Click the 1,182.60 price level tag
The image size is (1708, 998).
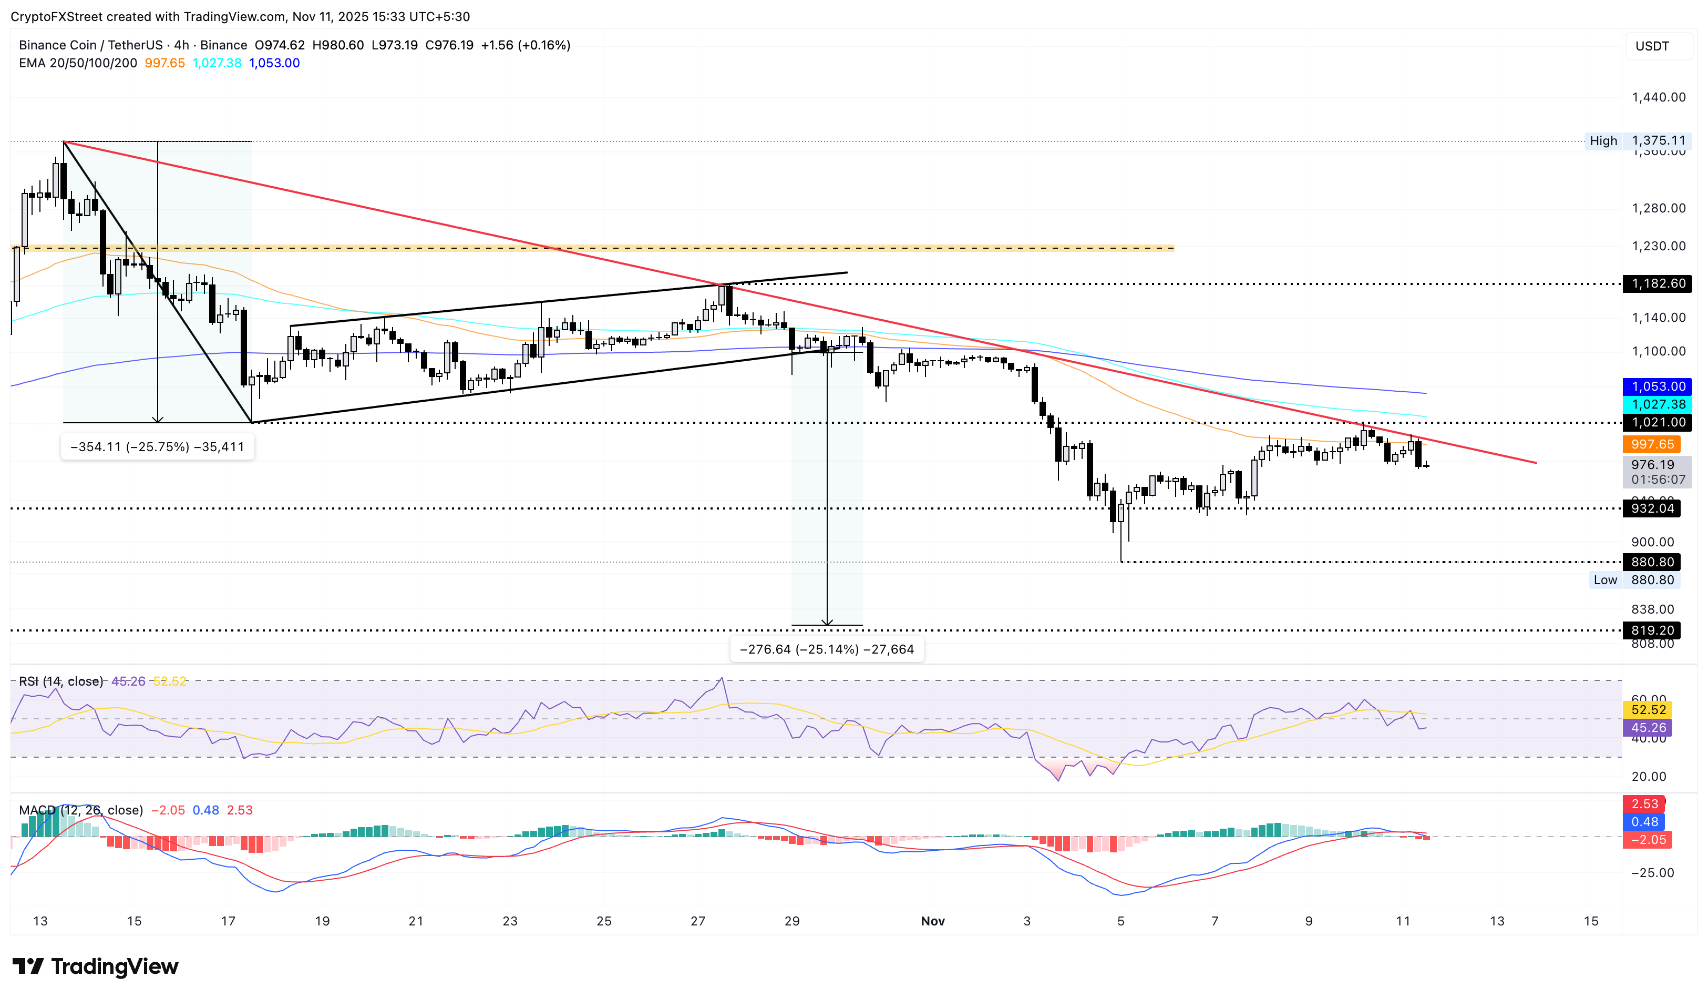(x=1657, y=283)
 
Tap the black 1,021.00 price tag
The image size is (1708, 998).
(x=1657, y=422)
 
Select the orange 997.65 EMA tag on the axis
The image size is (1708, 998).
(x=1651, y=444)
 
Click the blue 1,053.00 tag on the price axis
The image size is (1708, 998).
(x=1657, y=386)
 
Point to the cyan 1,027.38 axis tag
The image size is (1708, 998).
(x=1657, y=404)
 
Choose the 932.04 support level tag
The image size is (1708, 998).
(x=1651, y=508)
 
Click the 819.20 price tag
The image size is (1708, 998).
(x=1651, y=630)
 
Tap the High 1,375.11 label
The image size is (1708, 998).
(x=1637, y=141)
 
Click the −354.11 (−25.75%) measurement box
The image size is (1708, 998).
(x=157, y=447)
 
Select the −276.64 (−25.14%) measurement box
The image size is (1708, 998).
(x=826, y=649)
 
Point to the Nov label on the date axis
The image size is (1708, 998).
(x=933, y=921)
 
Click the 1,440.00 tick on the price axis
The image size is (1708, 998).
(x=1658, y=97)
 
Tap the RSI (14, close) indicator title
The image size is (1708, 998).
(x=61, y=681)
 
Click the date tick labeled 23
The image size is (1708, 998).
(x=510, y=921)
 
